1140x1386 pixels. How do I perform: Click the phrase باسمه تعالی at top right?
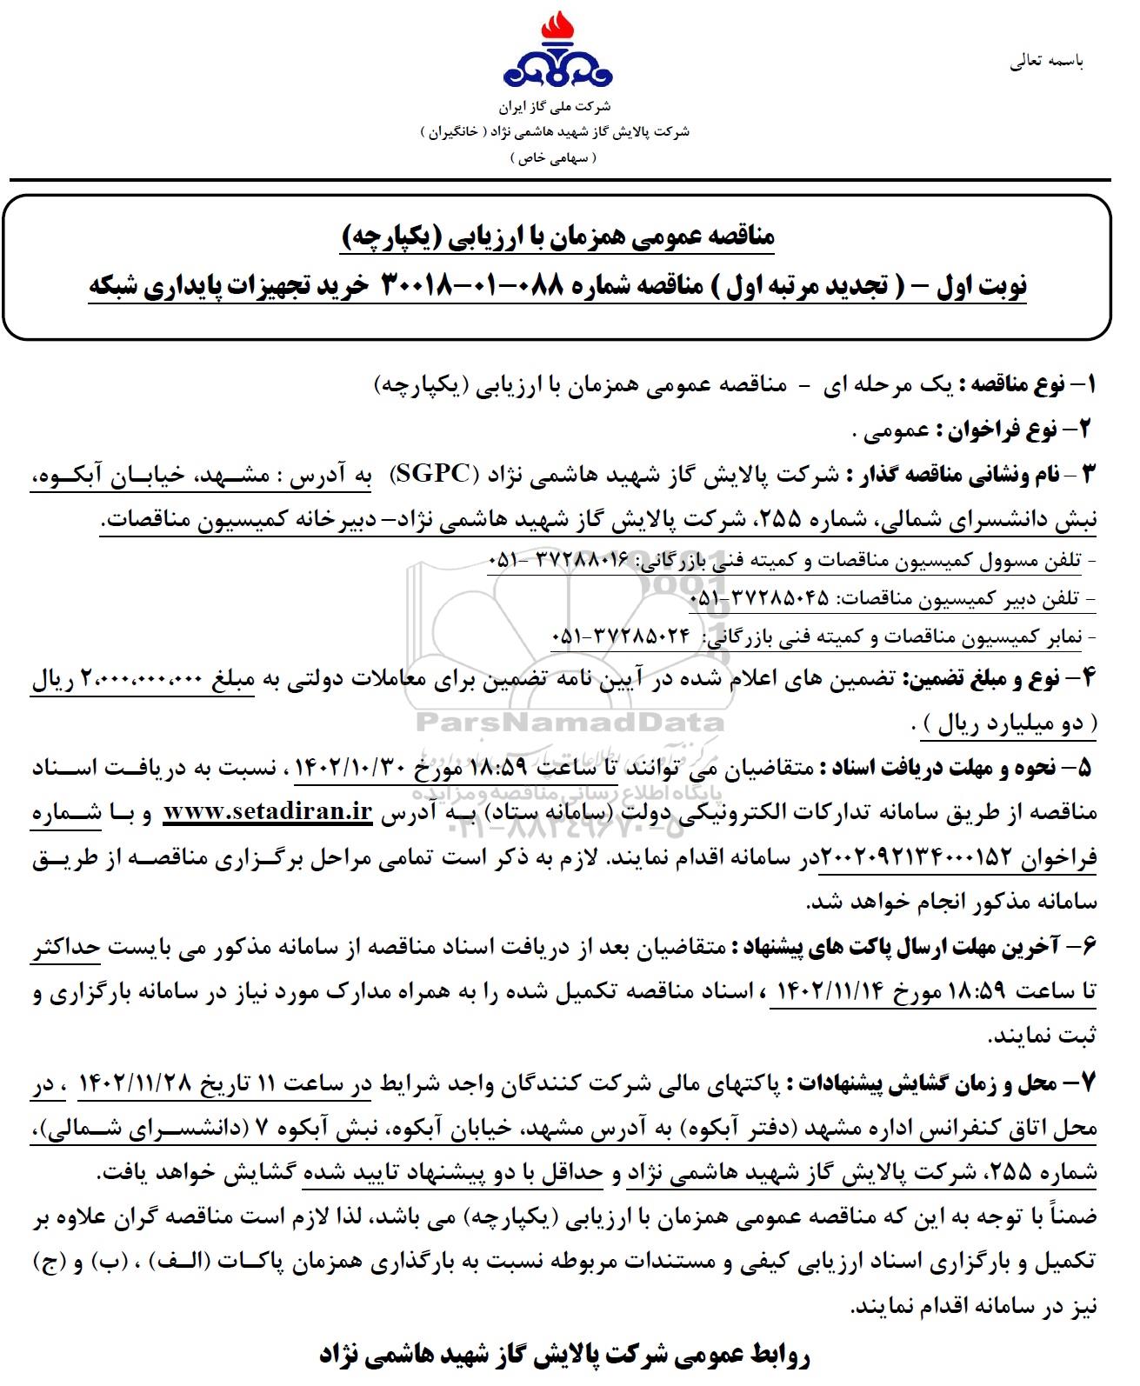click(1046, 63)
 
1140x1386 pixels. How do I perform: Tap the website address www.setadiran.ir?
click(268, 811)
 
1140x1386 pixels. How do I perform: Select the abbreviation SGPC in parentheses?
click(430, 475)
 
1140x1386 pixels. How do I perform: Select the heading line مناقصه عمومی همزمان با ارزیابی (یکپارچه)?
click(557, 236)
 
